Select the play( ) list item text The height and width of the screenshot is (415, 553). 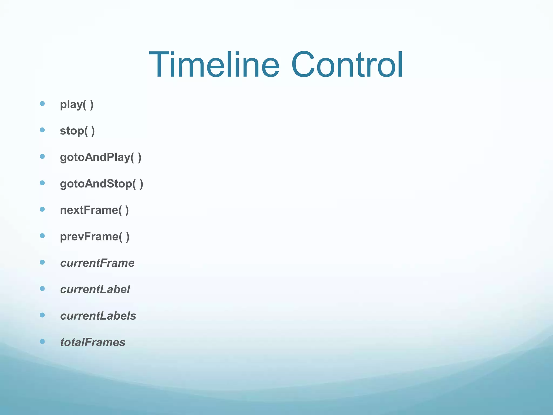[77, 105]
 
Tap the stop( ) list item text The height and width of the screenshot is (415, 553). [77, 131]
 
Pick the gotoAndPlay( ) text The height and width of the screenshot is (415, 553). [100, 158]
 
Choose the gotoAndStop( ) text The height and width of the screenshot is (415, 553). [102, 184]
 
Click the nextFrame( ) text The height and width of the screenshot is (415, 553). [94, 210]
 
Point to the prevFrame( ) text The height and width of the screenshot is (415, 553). [95, 237]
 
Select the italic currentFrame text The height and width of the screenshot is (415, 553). [97, 263]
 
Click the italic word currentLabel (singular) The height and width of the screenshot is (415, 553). [95, 290]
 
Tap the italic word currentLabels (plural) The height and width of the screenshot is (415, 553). [98, 316]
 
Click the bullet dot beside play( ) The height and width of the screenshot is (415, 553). [42, 103]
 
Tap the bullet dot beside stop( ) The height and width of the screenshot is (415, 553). [42, 130]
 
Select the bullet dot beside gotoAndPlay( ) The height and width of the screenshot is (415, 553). [42, 156]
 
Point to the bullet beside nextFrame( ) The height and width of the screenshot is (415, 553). [42, 209]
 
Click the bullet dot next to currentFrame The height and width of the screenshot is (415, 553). [42, 262]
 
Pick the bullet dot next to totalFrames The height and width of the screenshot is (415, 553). [42, 342]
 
